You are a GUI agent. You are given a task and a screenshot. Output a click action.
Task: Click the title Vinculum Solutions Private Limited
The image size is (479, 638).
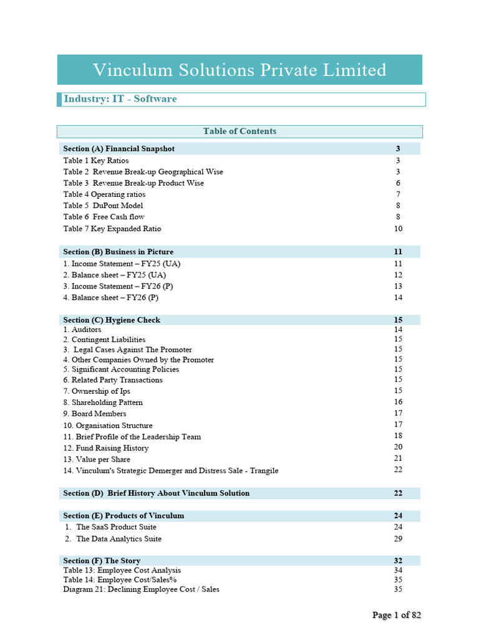[x=239, y=70]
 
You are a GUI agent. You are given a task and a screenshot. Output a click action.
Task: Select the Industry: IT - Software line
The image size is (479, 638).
[x=120, y=99]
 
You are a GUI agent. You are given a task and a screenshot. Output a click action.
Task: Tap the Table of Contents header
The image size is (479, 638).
[x=239, y=131]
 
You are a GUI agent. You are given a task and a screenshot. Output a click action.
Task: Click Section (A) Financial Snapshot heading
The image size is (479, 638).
[x=119, y=149]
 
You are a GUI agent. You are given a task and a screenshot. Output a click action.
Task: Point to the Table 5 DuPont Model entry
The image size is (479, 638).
[x=103, y=206]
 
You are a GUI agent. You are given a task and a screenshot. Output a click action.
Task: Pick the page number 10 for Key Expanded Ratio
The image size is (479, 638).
[x=398, y=229]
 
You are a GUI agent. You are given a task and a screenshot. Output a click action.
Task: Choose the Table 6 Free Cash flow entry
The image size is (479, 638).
[x=104, y=217]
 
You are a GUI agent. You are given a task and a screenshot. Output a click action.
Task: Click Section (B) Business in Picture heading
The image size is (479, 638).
[x=119, y=252]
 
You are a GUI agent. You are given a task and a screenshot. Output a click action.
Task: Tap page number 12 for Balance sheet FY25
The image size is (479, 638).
[x=398, y=275]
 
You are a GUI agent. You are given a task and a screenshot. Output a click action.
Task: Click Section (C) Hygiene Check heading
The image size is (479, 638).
[x=112, y=320]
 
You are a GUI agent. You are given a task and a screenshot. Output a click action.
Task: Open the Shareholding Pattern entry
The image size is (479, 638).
[x=103, y=402]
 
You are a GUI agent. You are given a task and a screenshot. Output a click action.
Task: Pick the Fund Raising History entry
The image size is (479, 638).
[x=106, y=448]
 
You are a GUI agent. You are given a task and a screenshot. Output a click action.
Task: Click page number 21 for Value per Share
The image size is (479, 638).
[x=398, y=459]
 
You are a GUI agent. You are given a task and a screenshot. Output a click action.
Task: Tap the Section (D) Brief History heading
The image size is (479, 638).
[x=157, y=493]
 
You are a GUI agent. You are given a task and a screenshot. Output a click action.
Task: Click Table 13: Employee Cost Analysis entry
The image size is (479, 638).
[x=122, y=570]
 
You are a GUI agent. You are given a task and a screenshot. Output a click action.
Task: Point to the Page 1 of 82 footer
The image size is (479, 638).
[x=397, y=615]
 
